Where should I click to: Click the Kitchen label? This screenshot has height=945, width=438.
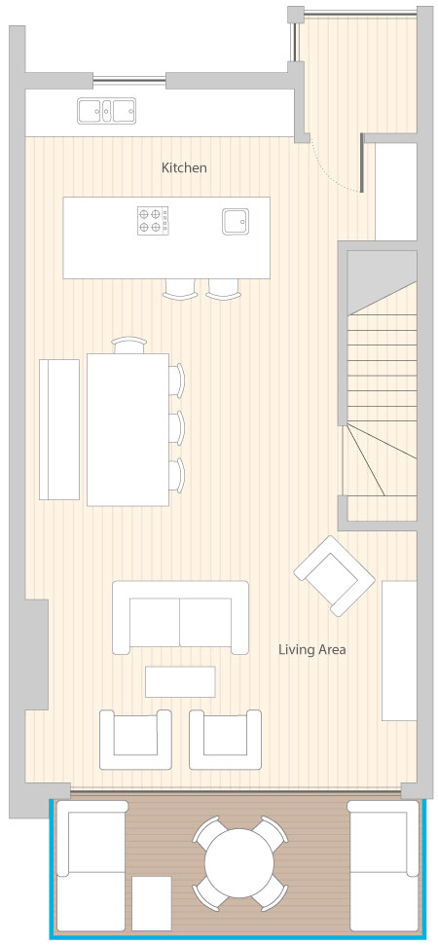(x=184, y=167)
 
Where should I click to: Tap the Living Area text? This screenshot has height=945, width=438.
(x=311, y=650)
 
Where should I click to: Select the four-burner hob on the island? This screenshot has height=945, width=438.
(x=153, y=221)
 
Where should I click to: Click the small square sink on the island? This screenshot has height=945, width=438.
(x=235, y=221)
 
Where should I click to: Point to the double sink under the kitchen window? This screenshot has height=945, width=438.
(x=107, y=111)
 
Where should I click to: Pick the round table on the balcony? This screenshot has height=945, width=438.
(x=239, y=862)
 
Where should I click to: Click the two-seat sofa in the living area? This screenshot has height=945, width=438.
(x=181, y=617)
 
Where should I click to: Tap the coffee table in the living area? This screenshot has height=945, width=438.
(x=180, y=681)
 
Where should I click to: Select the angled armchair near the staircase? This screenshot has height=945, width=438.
(x=335, y=575)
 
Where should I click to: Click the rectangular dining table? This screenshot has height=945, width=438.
(x=128, y=430)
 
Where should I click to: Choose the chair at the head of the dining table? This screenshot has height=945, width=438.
(x=128, y=345)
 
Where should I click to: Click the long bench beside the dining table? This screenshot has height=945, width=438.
(x=59, y=429)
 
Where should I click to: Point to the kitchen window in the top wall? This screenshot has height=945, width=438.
(x=128, y=79)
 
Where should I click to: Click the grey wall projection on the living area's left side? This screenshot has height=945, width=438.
(x=36, y=654)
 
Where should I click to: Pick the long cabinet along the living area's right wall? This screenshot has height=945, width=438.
(x=399, y=650)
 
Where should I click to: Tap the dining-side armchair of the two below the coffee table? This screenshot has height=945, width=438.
(x=135, y=740)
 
